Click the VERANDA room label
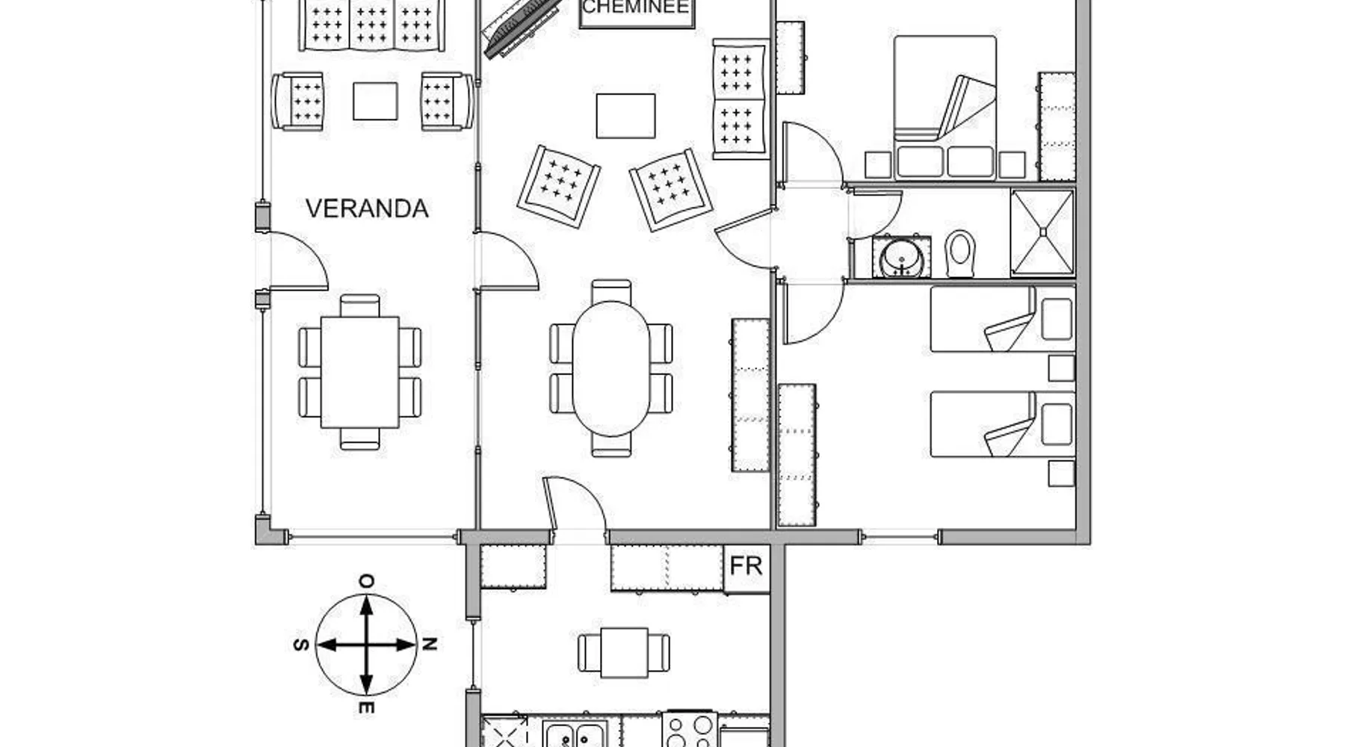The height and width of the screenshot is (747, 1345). point(367,208)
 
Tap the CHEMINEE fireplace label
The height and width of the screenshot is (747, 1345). point(637,8)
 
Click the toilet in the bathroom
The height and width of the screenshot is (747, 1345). point(960,253)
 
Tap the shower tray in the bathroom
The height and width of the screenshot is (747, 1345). point(1042,232)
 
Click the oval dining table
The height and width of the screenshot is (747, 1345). point(611,368)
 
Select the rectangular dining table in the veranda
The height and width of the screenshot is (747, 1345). point(359,372)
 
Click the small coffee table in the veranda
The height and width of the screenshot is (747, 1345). point(375,101)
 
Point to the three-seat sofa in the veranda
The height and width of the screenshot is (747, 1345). point(371,24)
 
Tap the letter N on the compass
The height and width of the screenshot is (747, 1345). point(429,644)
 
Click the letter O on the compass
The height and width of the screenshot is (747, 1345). point(366,581)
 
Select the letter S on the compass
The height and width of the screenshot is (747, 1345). point(301,645)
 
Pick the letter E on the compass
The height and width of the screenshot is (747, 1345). point(366,707)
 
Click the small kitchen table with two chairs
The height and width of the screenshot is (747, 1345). point(624,653)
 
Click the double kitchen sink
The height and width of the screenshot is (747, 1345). point(575,734)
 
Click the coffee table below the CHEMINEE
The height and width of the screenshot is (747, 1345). point(625,116)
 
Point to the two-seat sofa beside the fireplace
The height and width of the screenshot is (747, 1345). point(740,99)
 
